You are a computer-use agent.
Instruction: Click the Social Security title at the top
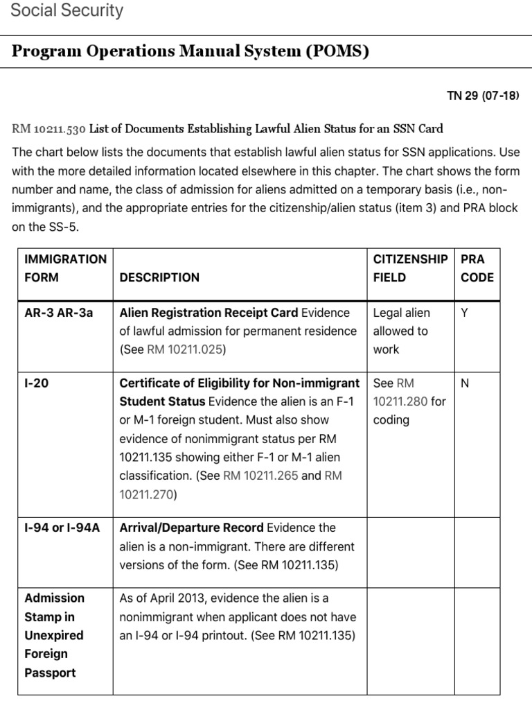(67, 10)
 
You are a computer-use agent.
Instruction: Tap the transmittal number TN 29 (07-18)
(483, 96)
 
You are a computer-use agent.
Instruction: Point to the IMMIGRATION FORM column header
(65, 268)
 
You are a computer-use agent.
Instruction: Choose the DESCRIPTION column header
(159, 277)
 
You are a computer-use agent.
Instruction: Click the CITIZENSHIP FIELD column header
(410, 268)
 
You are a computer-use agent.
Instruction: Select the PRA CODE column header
(477, 268)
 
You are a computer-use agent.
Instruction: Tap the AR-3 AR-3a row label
(59, 313)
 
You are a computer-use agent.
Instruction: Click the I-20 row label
(37, 383)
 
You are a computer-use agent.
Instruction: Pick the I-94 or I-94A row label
(62, 528)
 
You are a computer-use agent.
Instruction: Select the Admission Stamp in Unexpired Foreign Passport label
(54, 635)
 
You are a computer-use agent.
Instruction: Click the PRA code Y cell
(465, 313)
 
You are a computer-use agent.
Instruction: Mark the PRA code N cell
(465, 383)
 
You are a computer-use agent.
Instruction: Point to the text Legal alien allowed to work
(401, 331)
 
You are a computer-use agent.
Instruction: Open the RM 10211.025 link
(185, 350)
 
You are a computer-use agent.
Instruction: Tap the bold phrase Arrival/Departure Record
(191, 528)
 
